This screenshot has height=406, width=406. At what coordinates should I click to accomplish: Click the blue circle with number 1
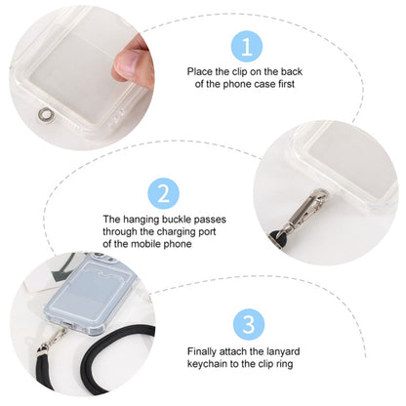click(247, 45)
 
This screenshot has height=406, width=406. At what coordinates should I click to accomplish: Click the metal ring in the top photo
click(40, 113)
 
